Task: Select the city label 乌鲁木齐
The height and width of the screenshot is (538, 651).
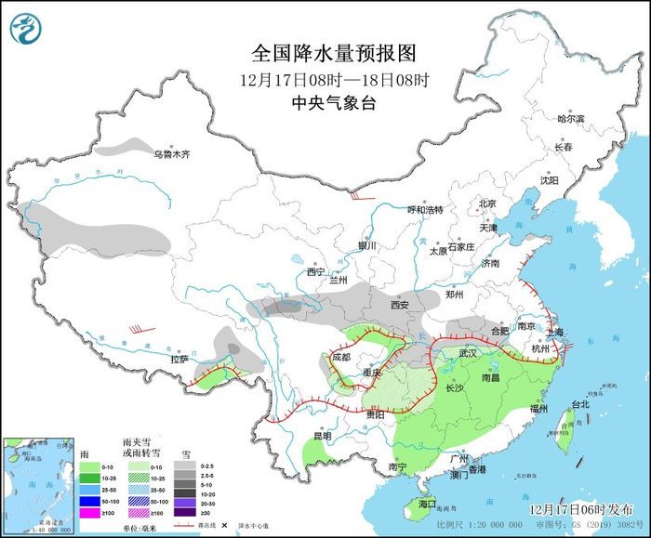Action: point(172,154)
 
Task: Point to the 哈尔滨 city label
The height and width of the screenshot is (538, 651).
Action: point(570,119)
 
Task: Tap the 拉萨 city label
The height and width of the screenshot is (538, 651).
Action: point(179,359)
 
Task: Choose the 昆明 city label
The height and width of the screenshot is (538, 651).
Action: point(322,436)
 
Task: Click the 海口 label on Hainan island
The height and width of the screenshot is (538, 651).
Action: point(427,504)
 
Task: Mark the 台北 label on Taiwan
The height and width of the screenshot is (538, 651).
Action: point(579,405)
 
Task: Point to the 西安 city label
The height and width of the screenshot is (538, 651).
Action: point(400,305)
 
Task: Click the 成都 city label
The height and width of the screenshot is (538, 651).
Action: point(342,357)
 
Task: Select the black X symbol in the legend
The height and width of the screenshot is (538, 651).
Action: point(223,525)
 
